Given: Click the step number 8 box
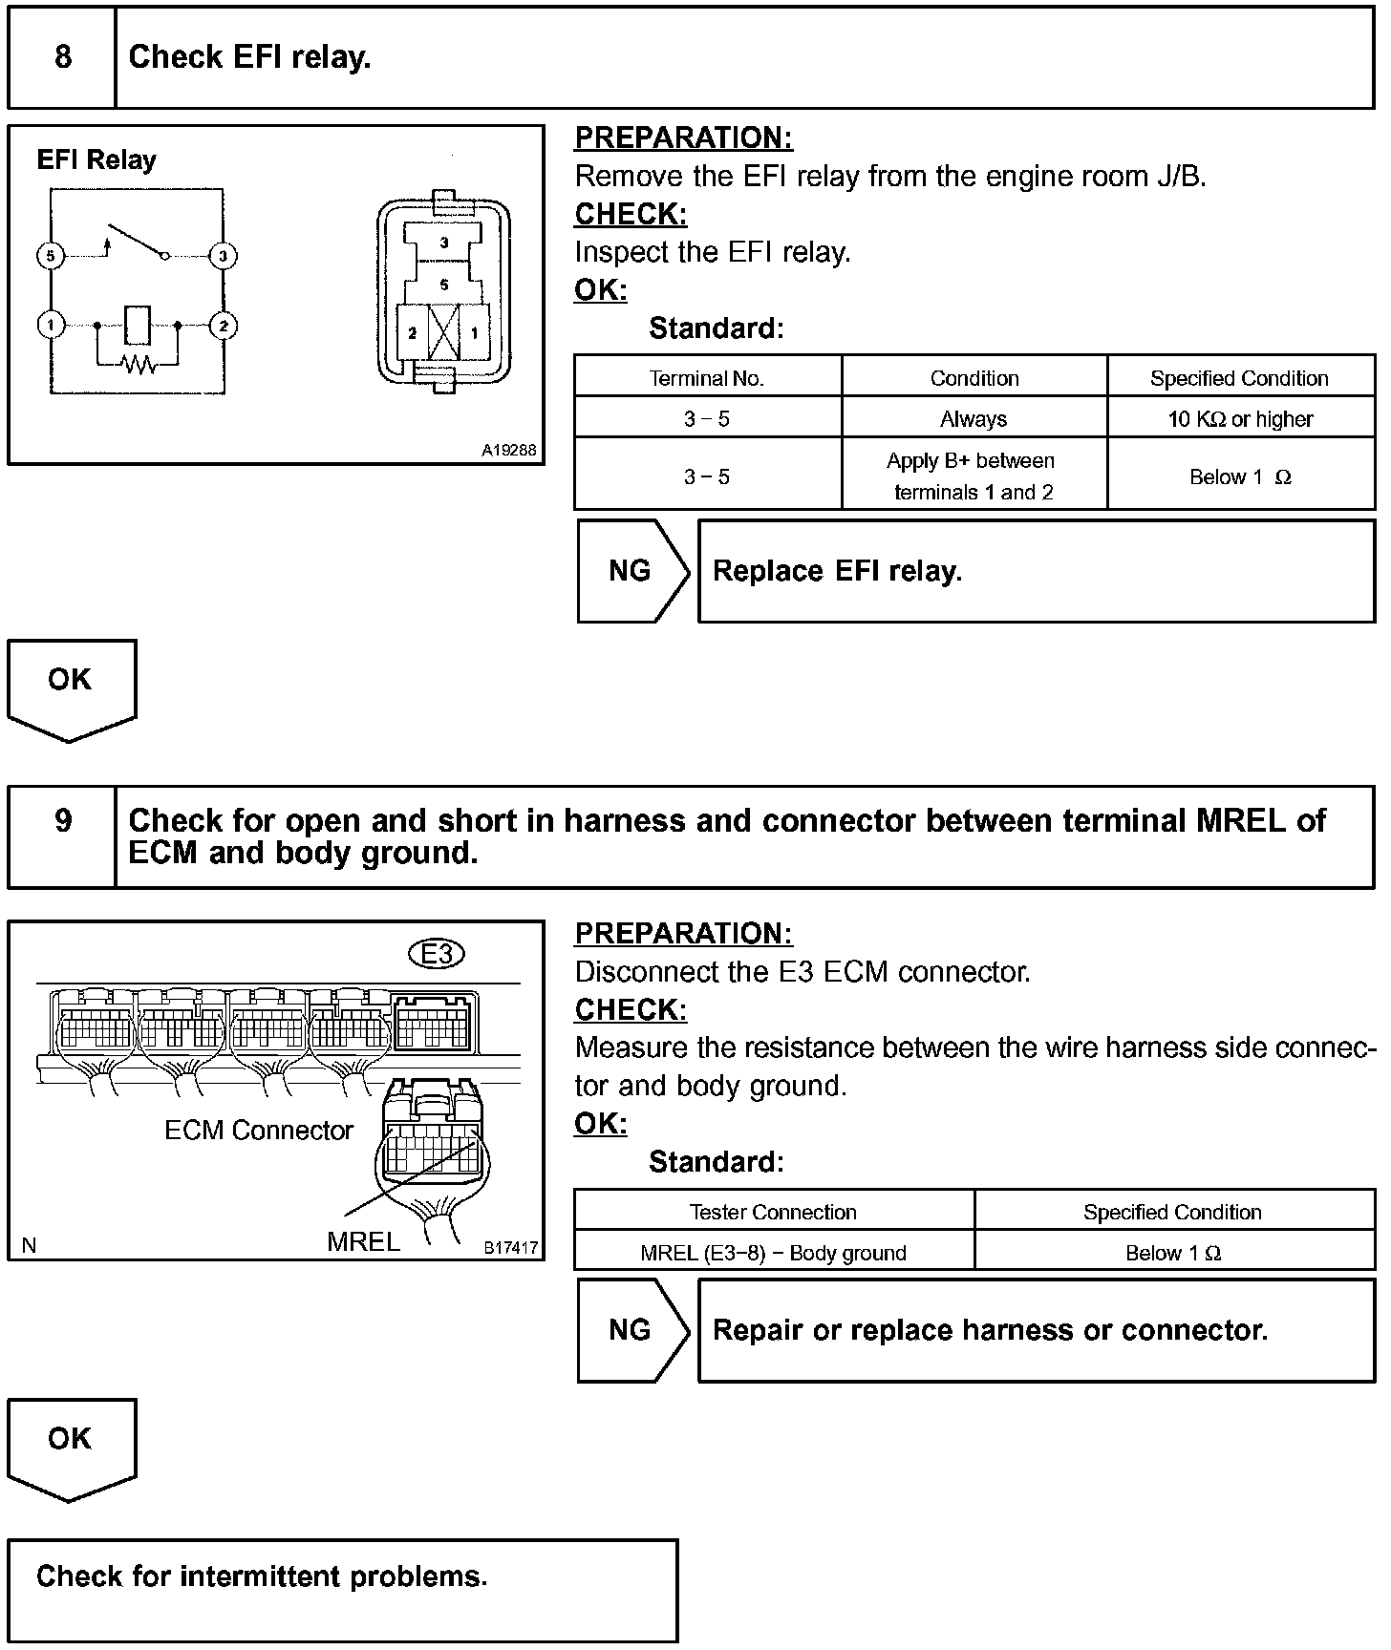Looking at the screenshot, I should click(x=62, y=57).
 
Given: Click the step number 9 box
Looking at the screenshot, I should click(x=62, y=821).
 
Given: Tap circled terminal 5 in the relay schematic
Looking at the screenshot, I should click(x=51, y=256).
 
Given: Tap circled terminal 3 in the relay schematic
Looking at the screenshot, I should click(x=223, y=256).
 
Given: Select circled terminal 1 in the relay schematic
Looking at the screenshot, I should click(x=51, y=326).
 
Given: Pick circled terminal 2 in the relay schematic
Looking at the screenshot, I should click(x=223, y=326).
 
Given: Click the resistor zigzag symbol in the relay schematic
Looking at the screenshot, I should click(x=139, y=364).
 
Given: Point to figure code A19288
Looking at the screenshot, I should click(x=508, y=450).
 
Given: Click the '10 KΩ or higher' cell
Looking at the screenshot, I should click(x=1240, y=419).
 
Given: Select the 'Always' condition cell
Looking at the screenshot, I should click(x=974, y=419).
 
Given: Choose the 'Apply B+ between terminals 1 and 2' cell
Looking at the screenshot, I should click(x=974, y=476).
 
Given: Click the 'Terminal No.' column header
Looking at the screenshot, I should click(x=707, y=378).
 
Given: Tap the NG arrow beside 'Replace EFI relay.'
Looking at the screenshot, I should click(x=631, y=571).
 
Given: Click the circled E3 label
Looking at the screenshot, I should click(x=437, y=954).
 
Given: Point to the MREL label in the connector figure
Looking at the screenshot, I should click(x=363, y=1241).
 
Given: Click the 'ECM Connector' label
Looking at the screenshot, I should click(x=258, y=1131).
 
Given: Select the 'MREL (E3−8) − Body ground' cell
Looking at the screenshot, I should click(x=773, y=1253).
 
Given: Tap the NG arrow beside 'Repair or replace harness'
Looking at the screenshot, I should click(x=631, y=1330).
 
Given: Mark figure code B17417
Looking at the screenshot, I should click(x=510, y=1247).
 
